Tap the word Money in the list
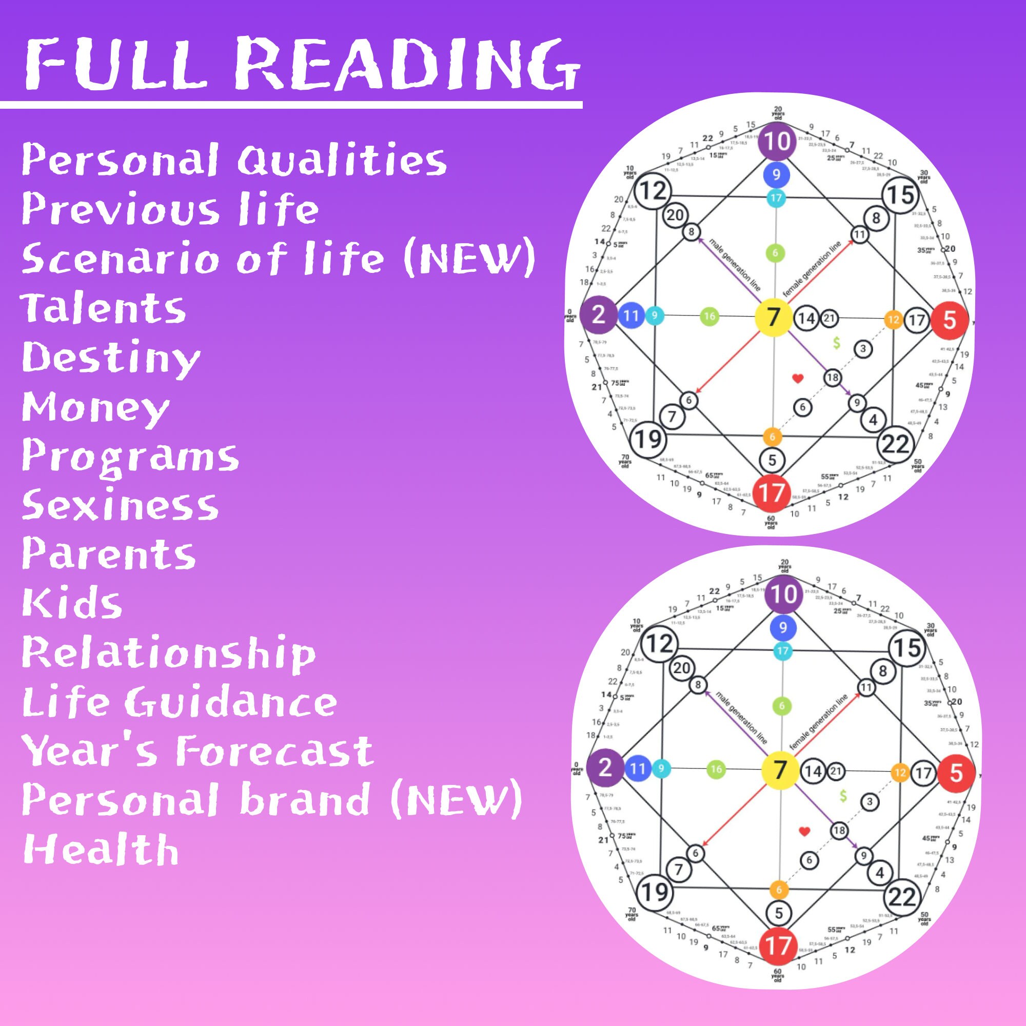95,408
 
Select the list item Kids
72,603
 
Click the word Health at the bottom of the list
101,848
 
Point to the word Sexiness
120,504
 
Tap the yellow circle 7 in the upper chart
773,317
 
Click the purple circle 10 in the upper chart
776,141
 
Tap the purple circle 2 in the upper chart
598,315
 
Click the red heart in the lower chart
804,831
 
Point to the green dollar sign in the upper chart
837,344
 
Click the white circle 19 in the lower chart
654,892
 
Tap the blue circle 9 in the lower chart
783,628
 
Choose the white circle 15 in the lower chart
907,648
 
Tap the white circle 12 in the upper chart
653,190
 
